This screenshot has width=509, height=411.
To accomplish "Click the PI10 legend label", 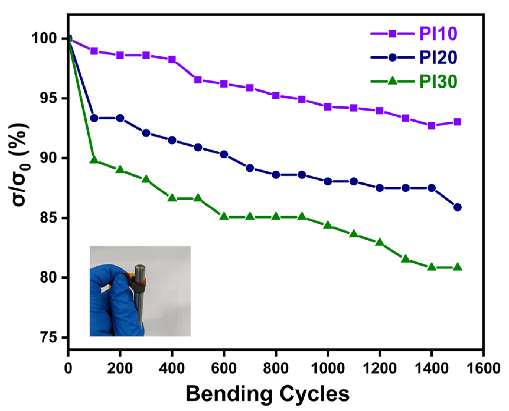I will click(438, 33).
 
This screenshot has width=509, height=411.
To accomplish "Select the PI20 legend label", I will click(438, 57).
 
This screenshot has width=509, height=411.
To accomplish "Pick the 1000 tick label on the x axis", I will click(327, 368).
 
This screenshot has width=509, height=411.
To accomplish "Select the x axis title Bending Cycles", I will click(267, 394).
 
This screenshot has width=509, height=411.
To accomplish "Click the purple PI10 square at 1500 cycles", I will click(457, 122).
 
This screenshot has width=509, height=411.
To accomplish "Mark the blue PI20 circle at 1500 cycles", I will click(457, 207).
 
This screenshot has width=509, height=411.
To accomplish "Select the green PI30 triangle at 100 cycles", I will click(94, 160).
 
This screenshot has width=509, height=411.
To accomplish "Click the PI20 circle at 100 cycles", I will click(94, 118).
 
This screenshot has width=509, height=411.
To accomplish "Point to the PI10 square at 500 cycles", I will click(198, 80).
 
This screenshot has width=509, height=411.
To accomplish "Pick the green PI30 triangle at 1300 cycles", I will click(405, 259).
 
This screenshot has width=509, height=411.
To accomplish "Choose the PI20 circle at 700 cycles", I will click(250, 168).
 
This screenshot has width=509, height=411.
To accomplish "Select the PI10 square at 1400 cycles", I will click(431, 125).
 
